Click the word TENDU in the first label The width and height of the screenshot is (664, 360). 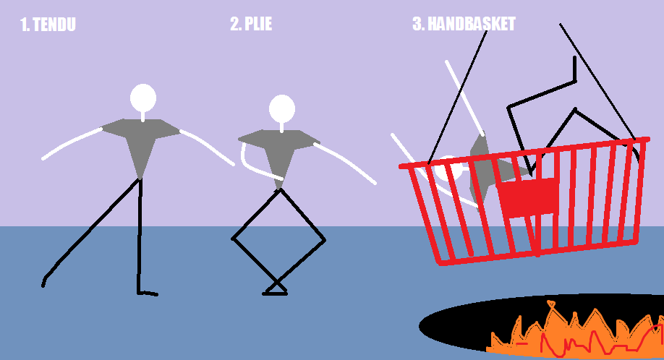54,25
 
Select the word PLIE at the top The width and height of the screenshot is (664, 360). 258,24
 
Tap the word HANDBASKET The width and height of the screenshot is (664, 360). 472,24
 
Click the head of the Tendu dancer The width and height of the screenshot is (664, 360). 143,98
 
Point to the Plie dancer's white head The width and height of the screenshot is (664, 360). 282,108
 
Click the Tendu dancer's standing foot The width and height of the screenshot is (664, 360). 148,293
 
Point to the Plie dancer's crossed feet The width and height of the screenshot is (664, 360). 276,289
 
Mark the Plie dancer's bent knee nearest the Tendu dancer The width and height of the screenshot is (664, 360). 232,239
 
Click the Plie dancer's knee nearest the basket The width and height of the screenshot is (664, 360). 324,240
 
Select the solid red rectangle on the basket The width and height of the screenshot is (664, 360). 528,198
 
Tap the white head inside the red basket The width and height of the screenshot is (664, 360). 449,169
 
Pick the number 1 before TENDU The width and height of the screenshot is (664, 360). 25,25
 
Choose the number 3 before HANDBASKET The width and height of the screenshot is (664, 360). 418,24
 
